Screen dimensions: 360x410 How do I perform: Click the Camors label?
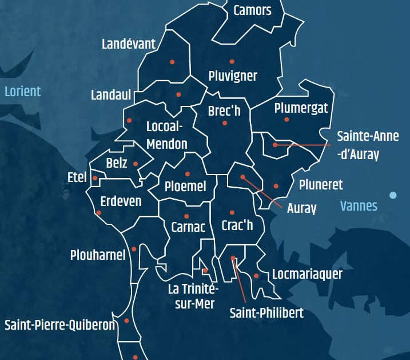(252, 10)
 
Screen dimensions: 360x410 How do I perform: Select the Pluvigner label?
(233, 76)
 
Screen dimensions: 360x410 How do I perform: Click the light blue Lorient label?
(22, 91)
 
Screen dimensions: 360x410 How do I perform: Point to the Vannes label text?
(359, 205)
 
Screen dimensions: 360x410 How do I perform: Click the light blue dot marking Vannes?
(393, 195)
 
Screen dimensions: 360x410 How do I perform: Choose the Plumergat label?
(301, 108)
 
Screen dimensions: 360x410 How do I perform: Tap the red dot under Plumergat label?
(286, 120)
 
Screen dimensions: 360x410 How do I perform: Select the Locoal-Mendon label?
(166, 134)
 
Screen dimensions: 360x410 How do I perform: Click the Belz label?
(117, 163)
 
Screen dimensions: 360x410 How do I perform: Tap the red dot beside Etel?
(95, 179)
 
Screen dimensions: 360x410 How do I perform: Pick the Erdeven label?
(121, 201)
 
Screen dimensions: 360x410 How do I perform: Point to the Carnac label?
(188, 227)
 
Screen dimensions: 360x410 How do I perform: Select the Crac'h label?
(237, 226)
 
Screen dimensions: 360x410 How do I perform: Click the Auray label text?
(301, 208)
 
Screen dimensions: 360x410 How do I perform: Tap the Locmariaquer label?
(307, 274)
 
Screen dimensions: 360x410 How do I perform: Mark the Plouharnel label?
(97, 255)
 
